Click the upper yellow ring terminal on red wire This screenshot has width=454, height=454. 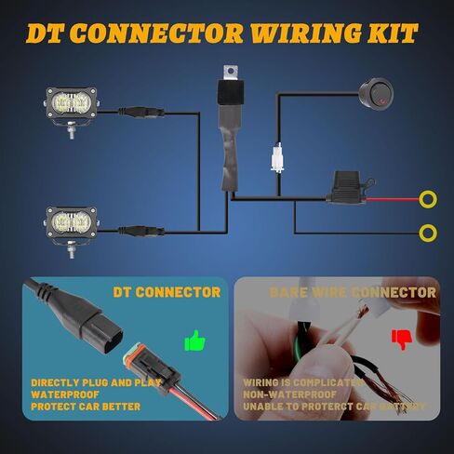(x=428, y=198)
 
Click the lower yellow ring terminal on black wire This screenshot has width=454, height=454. (x=428, y=232)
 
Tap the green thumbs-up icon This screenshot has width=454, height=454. (x=194, y=341)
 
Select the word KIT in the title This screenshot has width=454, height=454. (x=393, y=33)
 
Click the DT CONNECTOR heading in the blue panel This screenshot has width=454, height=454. (x=167, y=292)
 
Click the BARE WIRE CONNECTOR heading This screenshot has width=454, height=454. (x=352, y=292)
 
